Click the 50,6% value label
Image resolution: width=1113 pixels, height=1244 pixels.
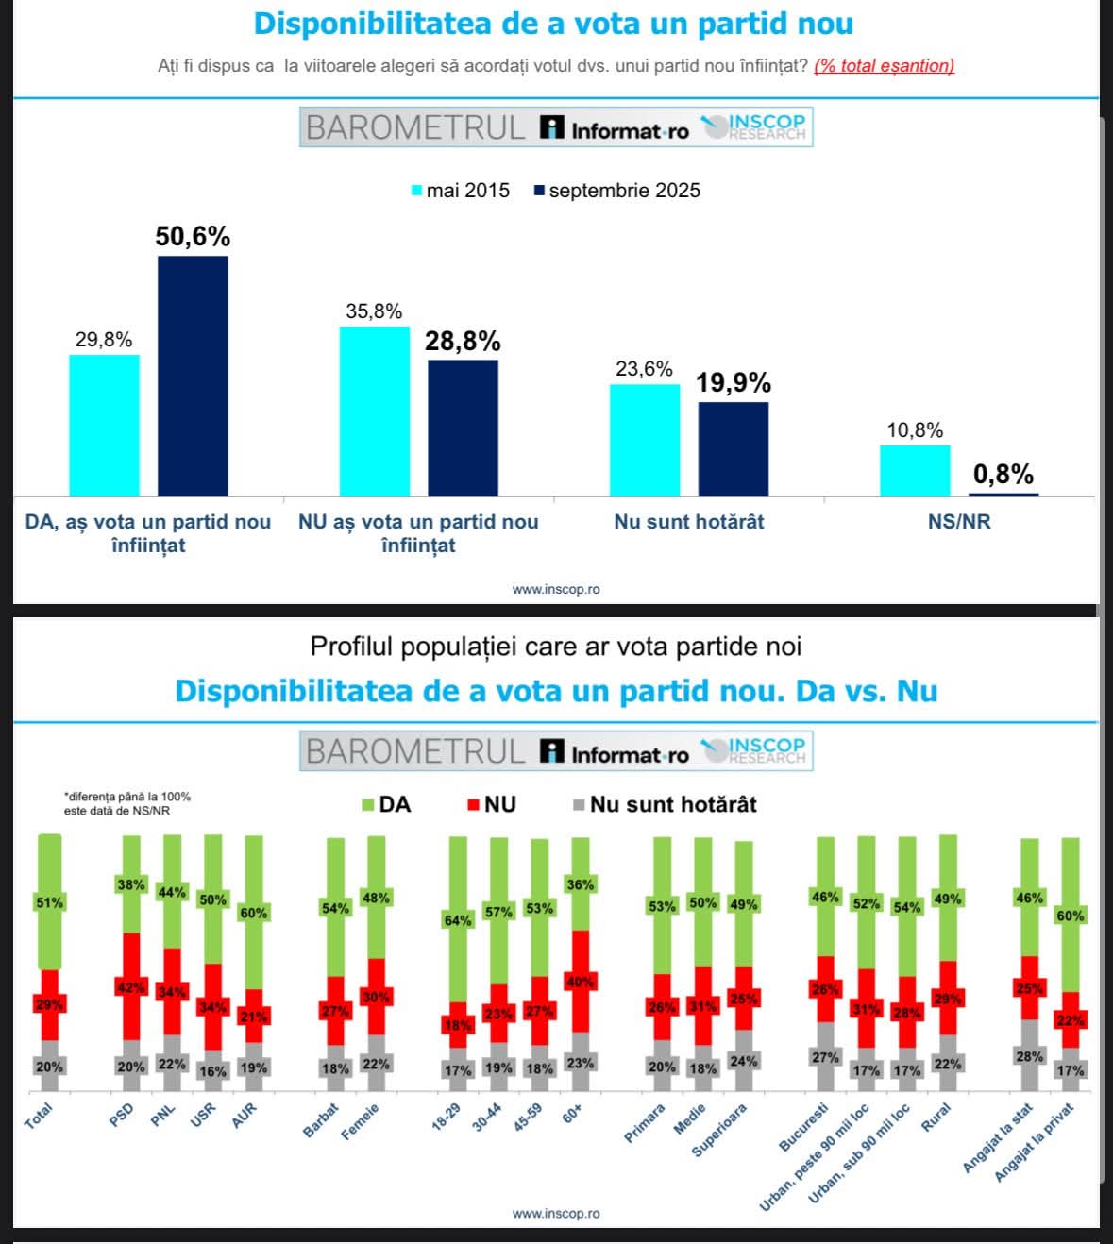(193, 236)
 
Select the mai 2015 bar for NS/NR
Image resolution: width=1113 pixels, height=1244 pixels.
(915, 470)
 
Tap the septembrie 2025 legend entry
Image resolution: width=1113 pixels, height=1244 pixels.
(617, 191)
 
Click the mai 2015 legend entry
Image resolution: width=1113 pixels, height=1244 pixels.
(461, 191)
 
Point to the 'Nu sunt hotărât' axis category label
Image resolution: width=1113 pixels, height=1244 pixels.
(689, 522)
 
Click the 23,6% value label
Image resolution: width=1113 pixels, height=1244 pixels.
(644, 369)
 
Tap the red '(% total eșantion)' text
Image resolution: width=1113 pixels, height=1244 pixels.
(884, 66)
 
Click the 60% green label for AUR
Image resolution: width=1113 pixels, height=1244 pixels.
(254, 913)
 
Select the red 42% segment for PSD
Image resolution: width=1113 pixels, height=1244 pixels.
(131, 987)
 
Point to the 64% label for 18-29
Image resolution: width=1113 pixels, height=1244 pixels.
(458, 920)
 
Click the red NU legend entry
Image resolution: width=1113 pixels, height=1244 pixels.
(492, 804)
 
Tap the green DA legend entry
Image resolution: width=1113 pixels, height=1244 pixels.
(387, 804)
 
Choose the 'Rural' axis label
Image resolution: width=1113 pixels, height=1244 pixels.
(936, 1117)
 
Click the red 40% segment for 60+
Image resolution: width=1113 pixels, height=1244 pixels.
(580, 982)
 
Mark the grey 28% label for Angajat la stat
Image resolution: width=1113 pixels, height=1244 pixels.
(1030, 1056)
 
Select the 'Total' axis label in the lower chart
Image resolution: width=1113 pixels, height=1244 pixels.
(39, 1117)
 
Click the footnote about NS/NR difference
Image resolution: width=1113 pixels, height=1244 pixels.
(126, 803)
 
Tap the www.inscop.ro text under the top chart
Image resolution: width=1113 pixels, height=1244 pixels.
(556, 589)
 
